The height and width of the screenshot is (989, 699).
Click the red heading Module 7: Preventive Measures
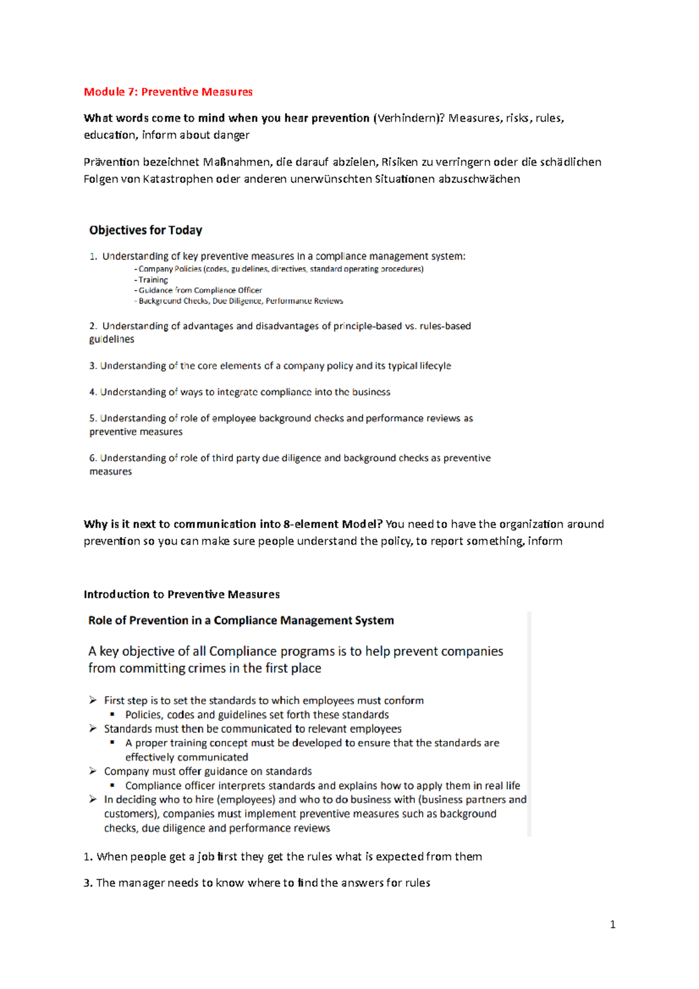[168, 92]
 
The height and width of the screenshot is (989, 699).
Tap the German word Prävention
[111, 162]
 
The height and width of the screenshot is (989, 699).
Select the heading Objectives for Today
[146, 230]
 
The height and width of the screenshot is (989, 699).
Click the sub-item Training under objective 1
[153, 280]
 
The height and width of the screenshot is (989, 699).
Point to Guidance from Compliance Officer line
[200, 290]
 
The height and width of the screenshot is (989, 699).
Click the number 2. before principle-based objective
[93, 326]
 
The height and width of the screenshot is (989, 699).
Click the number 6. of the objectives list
[93, 458]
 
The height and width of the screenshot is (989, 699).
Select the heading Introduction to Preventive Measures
[182, 595]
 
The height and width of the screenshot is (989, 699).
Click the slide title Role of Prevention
[241, 621]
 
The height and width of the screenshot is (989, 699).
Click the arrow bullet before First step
[93, 700]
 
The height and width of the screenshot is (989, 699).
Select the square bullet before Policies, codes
[112, 714]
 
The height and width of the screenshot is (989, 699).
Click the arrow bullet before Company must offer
[93, 771]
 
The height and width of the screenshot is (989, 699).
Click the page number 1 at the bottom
[612, 924]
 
